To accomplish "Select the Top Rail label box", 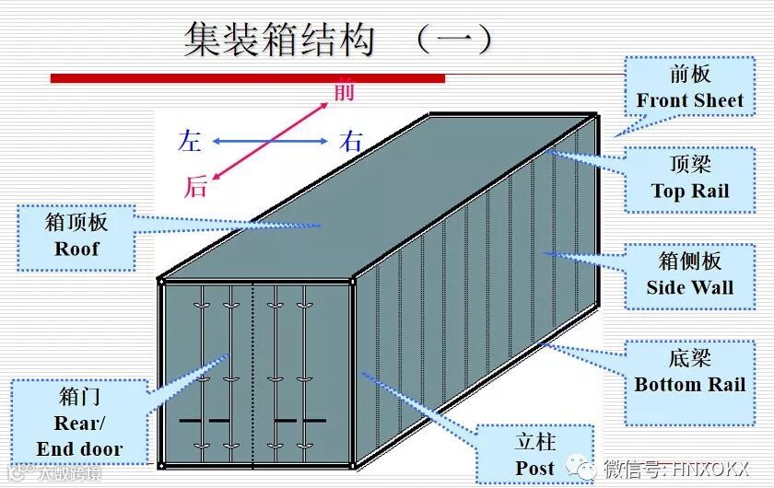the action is point(689,179).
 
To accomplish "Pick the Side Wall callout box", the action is point(689,273).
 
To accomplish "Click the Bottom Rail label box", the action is point(689,372).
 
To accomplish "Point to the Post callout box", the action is point(535,454).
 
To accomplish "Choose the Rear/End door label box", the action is point(79,424).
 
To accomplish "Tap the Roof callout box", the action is point(76,237).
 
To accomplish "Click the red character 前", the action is point(344,91).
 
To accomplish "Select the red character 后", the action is point(195,187).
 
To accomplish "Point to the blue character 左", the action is point(190,141).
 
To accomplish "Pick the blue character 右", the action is point(351,142).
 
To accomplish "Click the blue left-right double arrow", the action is point(270,141).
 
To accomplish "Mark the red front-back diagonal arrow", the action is point(270,140).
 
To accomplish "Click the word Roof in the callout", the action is point(76,249).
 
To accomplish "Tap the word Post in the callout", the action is point(535,468).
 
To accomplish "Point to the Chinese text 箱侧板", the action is point(689,261).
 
